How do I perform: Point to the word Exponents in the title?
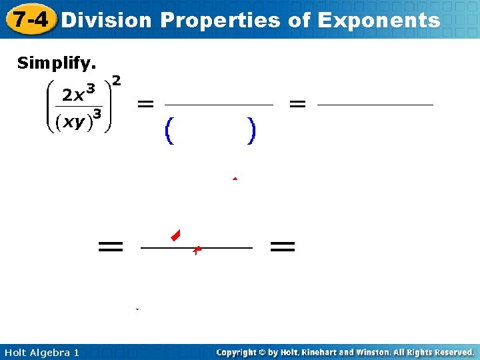click(379, 20)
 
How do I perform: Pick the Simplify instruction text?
click(57, 63)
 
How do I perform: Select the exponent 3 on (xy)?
click(97, 114)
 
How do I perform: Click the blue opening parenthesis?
click(169, 131)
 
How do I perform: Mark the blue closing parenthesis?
click(250, 131)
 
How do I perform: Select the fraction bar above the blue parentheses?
click(219, 105)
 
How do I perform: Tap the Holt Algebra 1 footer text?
click(41, 352)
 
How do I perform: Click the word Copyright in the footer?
click(236, 352)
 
